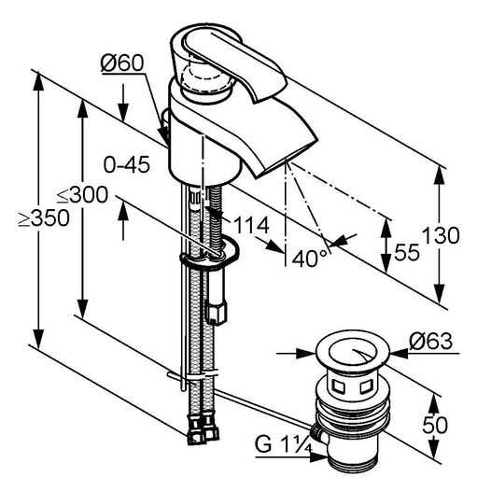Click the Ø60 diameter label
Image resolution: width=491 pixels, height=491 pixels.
click(x=122, y=63)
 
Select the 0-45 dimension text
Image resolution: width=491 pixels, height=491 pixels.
click(x=127, y=164)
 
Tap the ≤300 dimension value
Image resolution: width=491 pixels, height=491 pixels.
click(x=83, y=195)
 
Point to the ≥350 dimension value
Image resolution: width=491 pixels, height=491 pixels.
click(x=44, y=217)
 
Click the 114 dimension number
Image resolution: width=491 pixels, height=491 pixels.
click(x=251, y=225)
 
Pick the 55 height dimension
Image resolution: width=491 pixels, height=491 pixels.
click(x=407, y=252)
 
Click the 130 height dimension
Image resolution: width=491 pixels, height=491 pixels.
click(x=441, y=235)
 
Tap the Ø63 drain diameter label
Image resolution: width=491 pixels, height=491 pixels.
click(x=430, y=341)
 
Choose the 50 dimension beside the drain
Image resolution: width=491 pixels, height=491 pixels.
click(x=435, y=426)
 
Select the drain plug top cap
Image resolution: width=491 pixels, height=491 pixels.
click(x=352, y=351)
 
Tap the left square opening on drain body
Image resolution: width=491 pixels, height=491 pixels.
click(x=338, y=386)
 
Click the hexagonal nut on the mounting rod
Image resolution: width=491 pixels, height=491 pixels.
click(x=216, y=312)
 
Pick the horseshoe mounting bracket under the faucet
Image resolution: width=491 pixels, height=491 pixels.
click(x=210, y=255)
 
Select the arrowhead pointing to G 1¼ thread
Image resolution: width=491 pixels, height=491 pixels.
click(x=318, y=457)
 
